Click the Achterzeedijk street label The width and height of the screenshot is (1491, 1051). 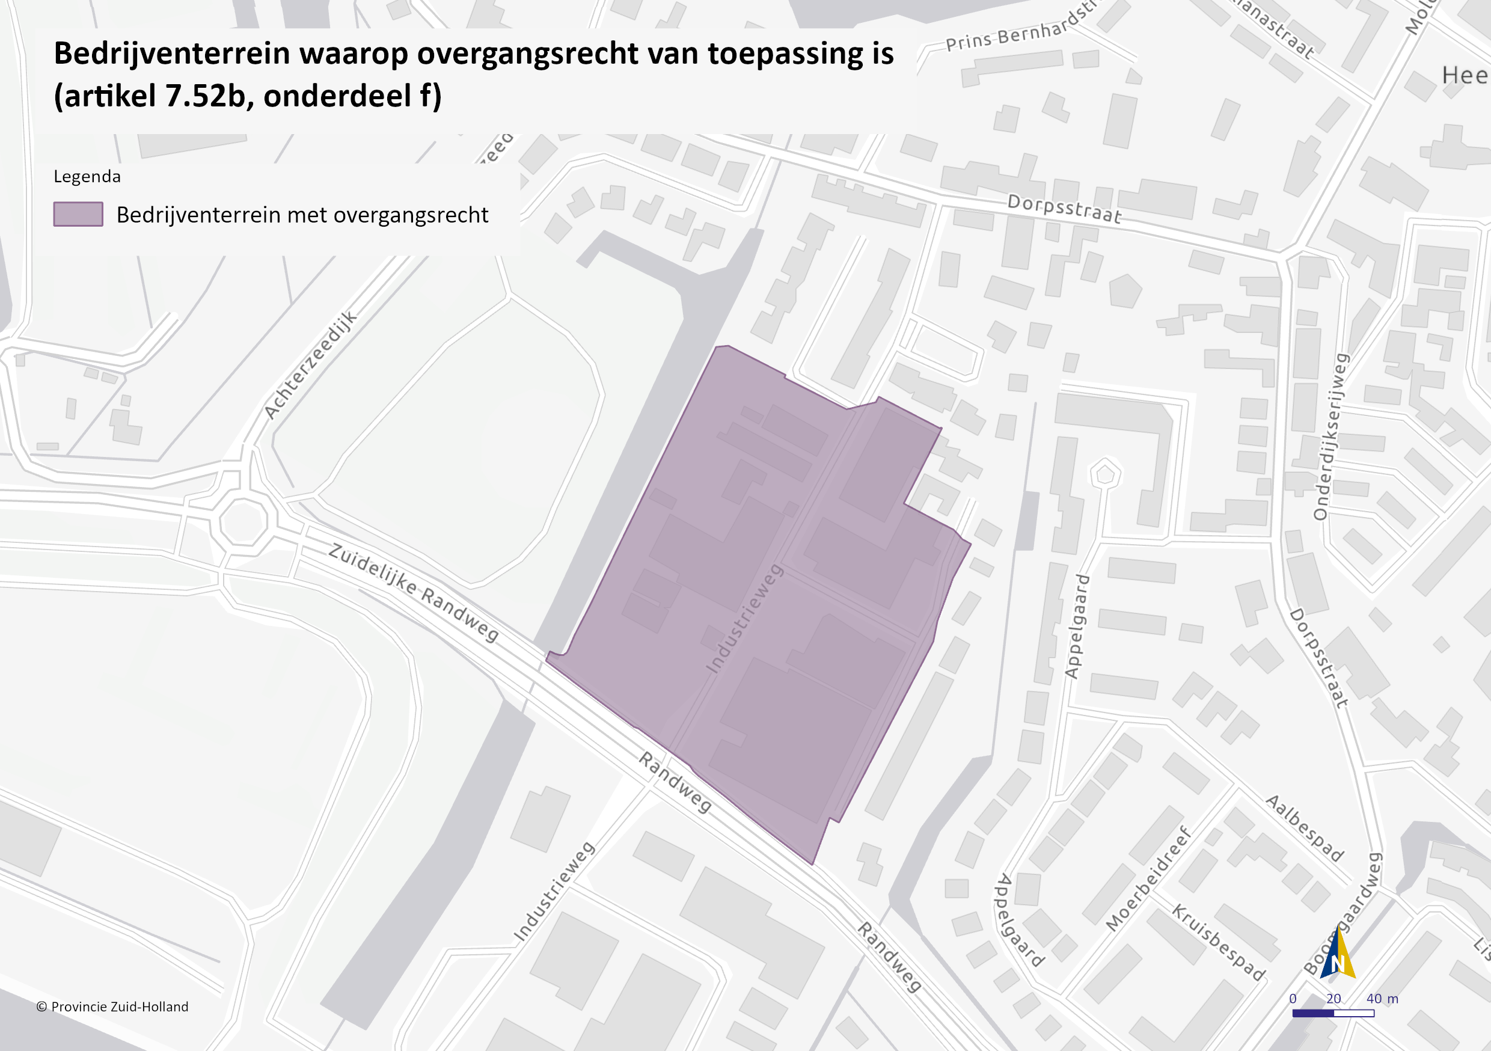pyautogui.click(x=311, y=365)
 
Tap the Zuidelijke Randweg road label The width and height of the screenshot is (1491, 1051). pyautogui.click(x=414, y=592)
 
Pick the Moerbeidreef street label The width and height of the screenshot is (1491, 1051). pyautogui.click(x=1149, y=879)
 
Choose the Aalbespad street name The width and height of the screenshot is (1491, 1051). pyautogui.click(x=1305, y=828)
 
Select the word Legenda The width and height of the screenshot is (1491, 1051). pyautogui.click(x=87, y=177)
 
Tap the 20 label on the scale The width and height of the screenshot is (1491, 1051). pyautogui.click(x=1333, y=998)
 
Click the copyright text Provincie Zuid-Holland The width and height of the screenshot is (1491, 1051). pyautogui.click(x=112, y=1007)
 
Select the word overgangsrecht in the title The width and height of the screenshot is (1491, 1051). pyautogui.click(x=527, y=54)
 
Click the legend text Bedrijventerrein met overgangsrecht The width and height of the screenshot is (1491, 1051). pyautogui.click(x=302, y=215)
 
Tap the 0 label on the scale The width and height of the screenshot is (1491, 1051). pyautogui.click(x=1293, y=998)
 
